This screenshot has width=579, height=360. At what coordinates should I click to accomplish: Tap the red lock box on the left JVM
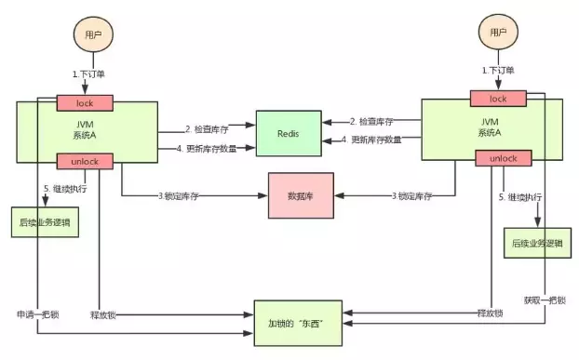coord(85,101)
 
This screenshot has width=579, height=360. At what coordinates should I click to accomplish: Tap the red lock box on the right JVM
coord(498,99)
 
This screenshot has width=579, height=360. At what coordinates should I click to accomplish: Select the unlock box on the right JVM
coord(498,158)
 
